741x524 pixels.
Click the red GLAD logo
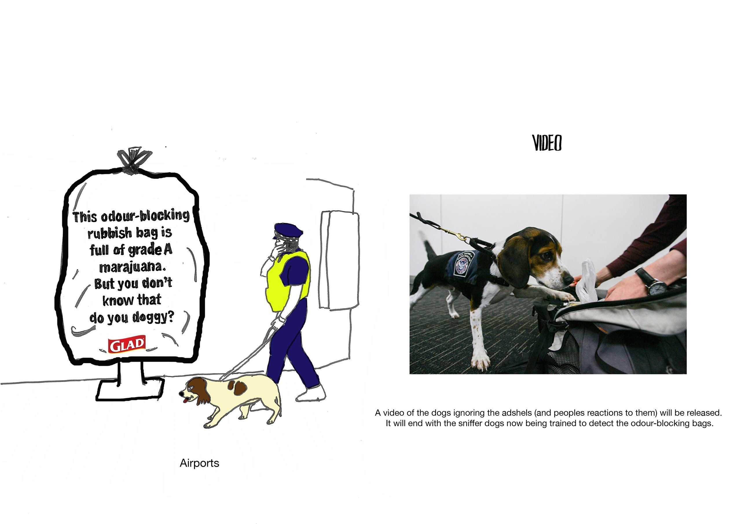click(127, 345)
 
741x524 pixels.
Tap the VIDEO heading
click(547, 143)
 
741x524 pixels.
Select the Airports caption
click(199, 463)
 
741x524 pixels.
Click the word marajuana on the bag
click(132, 267)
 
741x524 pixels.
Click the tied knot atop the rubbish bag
click(133, 160)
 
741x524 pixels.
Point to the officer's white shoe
click(311, 393)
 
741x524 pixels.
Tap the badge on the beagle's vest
click(464, 263)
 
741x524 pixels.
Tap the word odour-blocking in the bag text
click(145, 215)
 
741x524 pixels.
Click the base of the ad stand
click(130, 389)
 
